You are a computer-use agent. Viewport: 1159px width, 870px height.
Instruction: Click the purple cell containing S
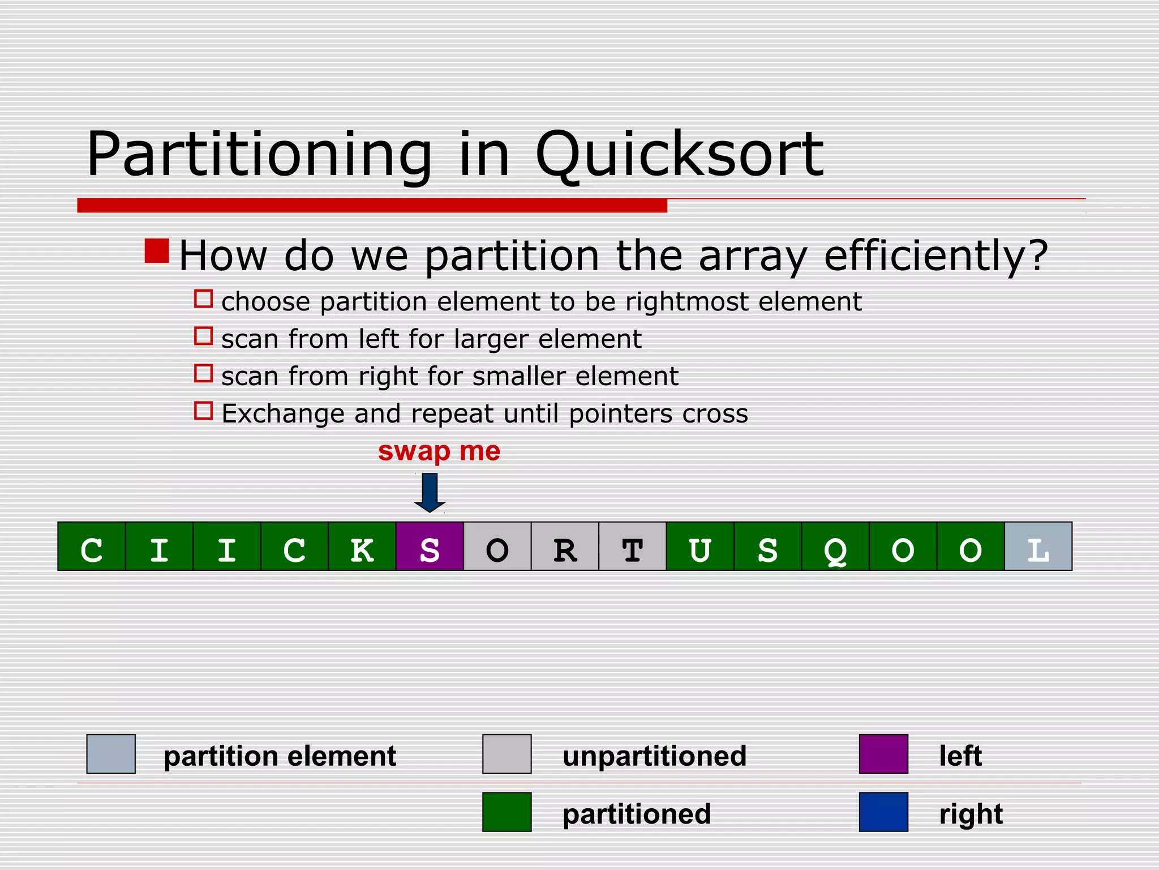click(x=430, y=547)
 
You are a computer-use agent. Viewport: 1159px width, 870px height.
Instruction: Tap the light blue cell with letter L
click(x=1038, y=547)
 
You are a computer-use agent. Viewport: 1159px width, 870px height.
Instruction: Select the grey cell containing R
click(x=565, y=547)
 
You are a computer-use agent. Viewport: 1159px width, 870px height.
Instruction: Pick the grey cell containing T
click(x=632, y=547)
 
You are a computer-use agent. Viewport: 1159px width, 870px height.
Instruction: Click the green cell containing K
click(x=362, y=547)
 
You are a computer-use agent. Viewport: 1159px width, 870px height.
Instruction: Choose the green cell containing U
click(x=700, y=547)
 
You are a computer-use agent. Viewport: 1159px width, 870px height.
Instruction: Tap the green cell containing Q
click(x=835, y=547)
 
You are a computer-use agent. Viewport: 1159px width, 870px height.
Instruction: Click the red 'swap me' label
click(x=439, y=451)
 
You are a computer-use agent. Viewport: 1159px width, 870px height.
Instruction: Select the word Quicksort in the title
click(x=679, y=155)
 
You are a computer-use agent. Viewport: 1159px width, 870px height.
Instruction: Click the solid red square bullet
click(x=157, y=251)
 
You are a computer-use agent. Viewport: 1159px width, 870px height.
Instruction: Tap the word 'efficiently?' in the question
click(x=935, y=256)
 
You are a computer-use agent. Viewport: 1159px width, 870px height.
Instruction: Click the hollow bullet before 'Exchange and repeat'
click(x=203, y=411)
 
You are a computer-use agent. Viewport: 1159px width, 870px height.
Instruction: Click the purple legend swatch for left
click(x=883, y=754)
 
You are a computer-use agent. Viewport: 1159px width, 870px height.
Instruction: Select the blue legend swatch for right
click(x=883, y=812)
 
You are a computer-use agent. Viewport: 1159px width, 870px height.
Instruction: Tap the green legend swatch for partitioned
click(x=506, y=812)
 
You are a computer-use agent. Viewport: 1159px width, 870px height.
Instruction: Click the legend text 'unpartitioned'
click(x=654, y=756)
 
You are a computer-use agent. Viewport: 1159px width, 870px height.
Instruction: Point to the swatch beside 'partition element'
click(x=111, y=754)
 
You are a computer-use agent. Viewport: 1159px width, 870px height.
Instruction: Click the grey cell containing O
click(x=497, y=547)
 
